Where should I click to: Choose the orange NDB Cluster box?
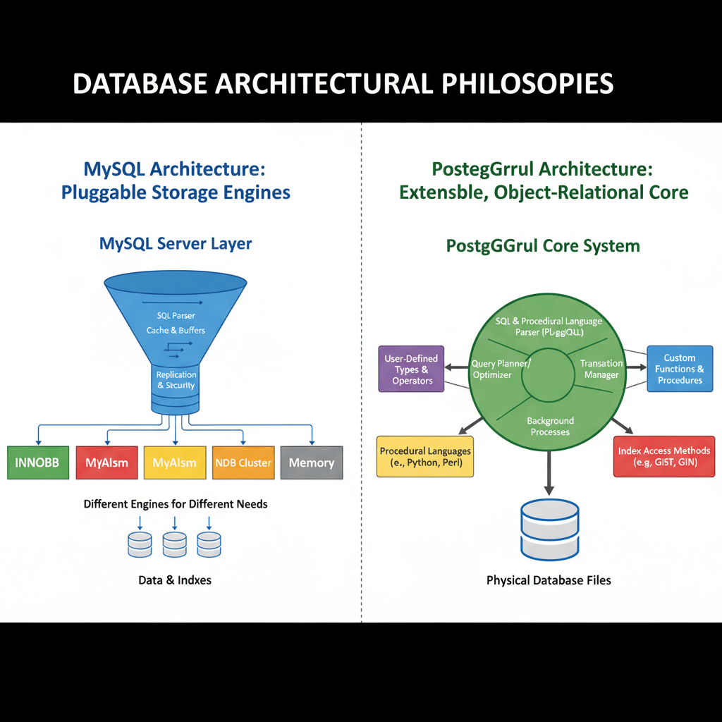click(x=243, y=463)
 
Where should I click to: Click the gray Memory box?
click(x=311, y=463)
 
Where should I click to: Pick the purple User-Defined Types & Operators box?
click(x=412, y=369)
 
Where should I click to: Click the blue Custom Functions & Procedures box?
click(x=679, y=369)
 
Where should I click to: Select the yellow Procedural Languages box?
click(x=425, y=457)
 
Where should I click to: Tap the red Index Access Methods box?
click(x=663, y=457)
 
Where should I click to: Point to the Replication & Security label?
click(x=176, y=380)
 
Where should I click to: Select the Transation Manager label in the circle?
click(x=601, y=369)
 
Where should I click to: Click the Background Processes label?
click(x=550, y=426)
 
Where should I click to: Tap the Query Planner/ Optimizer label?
click(x=501, y=369)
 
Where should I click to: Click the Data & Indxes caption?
click(x=175, y=580)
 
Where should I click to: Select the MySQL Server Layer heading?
click(x=176, y=244)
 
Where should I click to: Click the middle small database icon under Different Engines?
click(x=174, y=544)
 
